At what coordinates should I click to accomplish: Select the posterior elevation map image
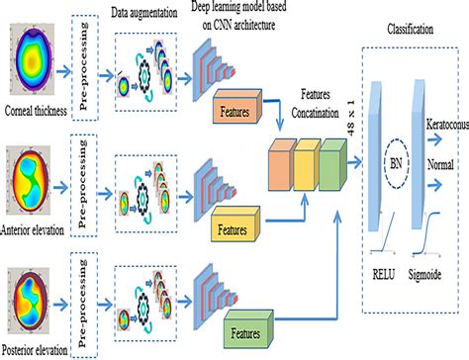pyautogui.click(x=37, y=297)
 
